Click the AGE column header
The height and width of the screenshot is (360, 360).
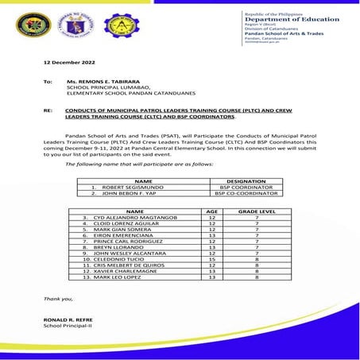coord(211,211)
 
